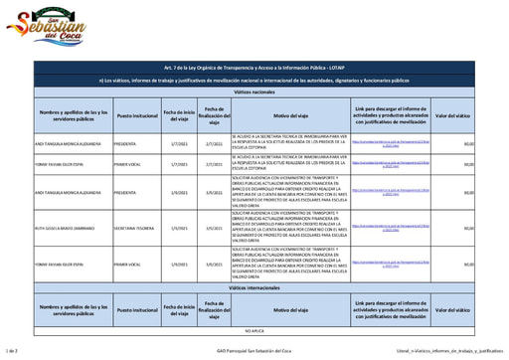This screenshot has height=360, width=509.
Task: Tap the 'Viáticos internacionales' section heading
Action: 254,284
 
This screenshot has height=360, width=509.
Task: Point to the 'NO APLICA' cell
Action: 254,329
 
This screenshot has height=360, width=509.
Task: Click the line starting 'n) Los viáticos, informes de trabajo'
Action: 254,79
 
